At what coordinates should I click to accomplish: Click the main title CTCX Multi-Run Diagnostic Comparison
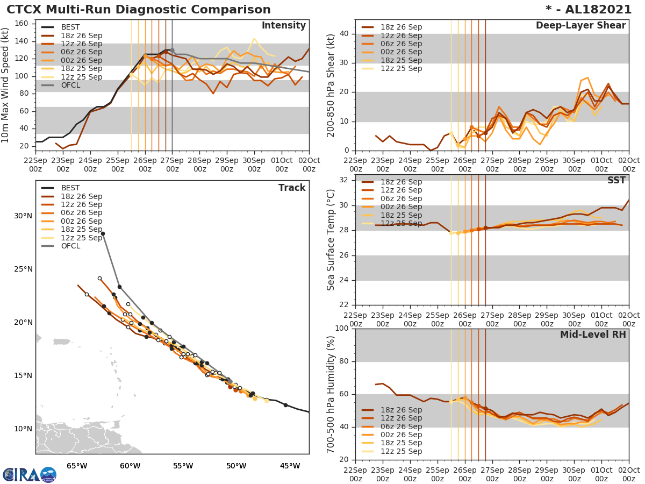[139, 10]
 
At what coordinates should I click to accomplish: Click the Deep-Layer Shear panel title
[580, 26]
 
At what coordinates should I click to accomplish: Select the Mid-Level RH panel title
[593, 334]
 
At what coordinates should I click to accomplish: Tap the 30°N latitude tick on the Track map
[24, 216]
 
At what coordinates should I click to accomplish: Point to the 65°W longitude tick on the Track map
[77, 466]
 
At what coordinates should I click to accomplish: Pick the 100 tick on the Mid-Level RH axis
[342, 329]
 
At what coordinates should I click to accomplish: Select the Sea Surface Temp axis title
[331, 239]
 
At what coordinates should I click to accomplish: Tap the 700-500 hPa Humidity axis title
[331, 394]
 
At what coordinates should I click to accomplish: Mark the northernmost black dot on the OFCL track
[103, 234]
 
